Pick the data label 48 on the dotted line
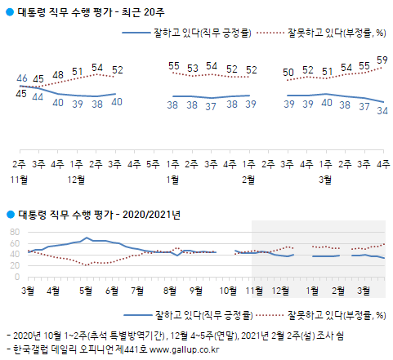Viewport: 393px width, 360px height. pyautogui.click(x=58, y=74)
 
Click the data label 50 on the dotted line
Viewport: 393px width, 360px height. pyautogui.click(x=288, y=73)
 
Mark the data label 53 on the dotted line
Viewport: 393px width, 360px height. pyautogui.click(x=193, y=68)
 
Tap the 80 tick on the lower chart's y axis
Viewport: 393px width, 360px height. pyautogui.click(x=15, y=232)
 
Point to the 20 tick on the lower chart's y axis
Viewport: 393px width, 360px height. pyautogui.click(x=15, y=265)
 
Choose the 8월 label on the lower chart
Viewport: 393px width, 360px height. pyautogui.click(x=170, y=290)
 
